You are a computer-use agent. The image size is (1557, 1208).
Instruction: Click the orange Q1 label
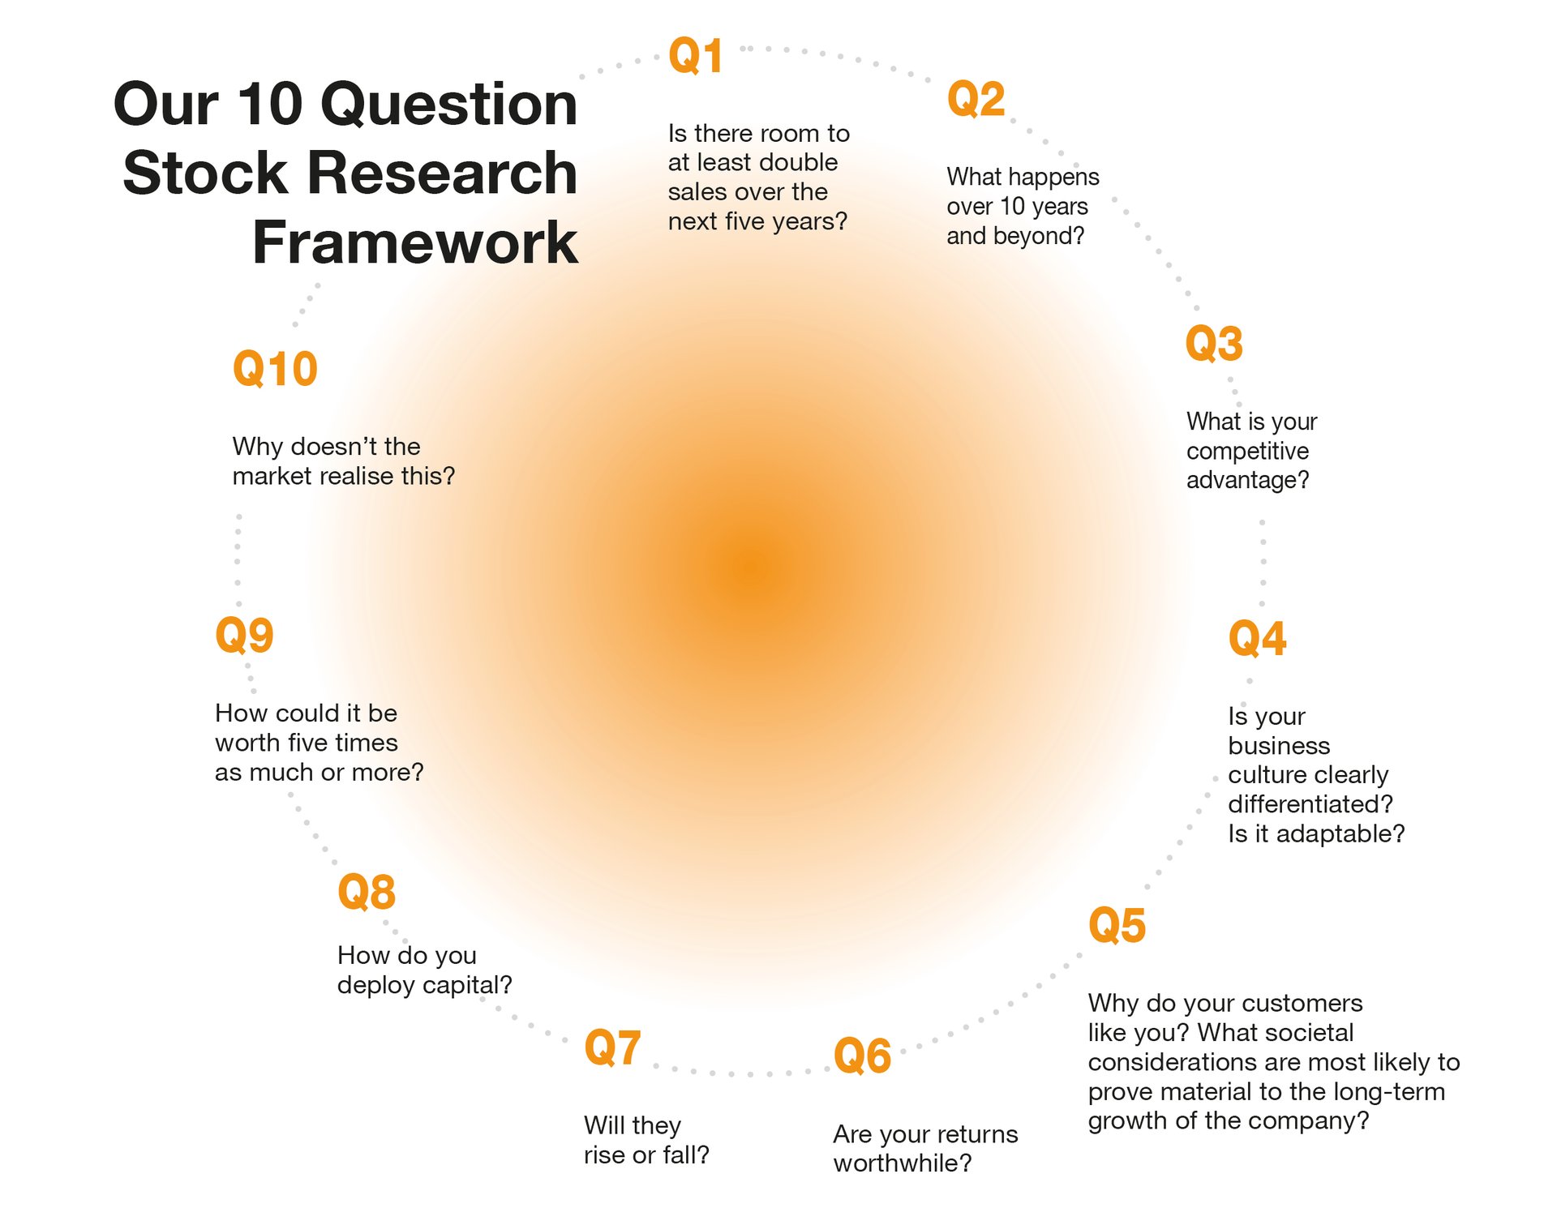[695, 56]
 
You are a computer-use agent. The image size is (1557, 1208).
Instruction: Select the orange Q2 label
[976, 99]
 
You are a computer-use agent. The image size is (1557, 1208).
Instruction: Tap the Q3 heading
[1214, 343]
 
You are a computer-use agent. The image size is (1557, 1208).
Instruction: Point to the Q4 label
[1257, 638]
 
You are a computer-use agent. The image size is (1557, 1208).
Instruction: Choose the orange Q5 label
[1117, 925]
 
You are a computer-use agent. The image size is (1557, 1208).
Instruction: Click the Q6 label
[862, 1056]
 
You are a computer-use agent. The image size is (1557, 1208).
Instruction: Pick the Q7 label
[612, 1047]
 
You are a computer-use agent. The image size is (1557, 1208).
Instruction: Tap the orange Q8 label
[367, 892]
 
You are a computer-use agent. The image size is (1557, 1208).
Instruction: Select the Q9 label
[244, 635]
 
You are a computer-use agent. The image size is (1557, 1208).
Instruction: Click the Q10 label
[275, 369]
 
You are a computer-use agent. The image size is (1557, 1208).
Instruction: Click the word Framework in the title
[415, 242]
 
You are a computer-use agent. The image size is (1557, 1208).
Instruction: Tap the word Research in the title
[442, 173]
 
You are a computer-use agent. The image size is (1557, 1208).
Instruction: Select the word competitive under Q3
[1247, 452]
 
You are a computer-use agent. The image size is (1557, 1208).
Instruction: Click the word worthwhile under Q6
[902, 1163]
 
